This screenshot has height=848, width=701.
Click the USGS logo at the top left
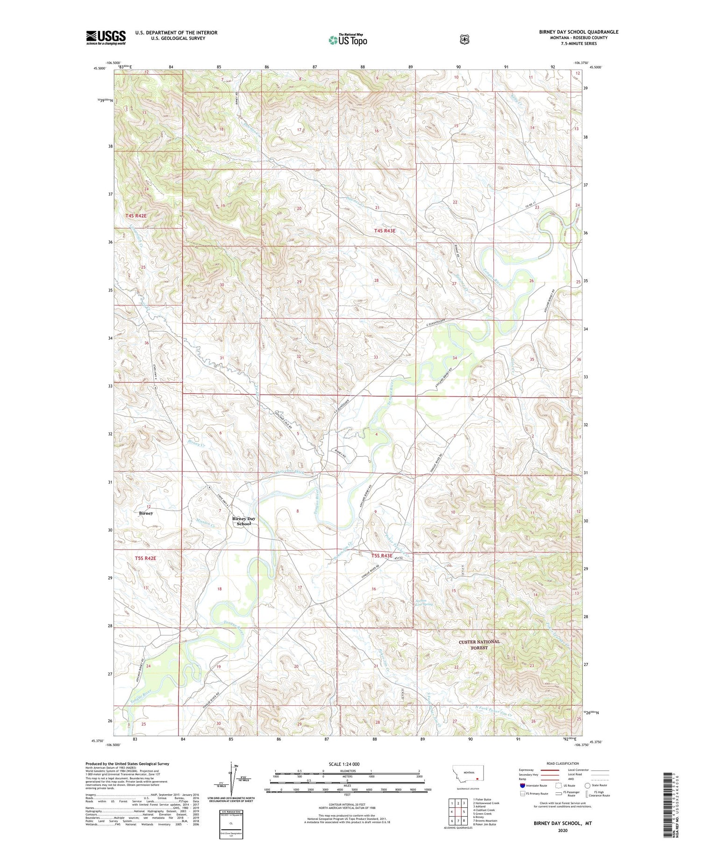(106, 37)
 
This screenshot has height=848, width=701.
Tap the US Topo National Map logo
(348, 40)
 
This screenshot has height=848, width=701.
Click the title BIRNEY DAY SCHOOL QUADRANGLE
(579, 32)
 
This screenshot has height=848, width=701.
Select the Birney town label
(146, 513)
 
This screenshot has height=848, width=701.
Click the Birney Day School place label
(244, 521)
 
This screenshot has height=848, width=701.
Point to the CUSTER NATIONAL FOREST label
(479, 645)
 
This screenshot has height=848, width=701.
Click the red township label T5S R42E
(145, 558)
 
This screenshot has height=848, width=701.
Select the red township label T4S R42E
(136, 216)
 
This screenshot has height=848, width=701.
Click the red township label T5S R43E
(382, 556)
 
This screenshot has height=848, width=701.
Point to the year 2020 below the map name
(563, 830)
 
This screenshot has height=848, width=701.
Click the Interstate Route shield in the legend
(522, 785)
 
